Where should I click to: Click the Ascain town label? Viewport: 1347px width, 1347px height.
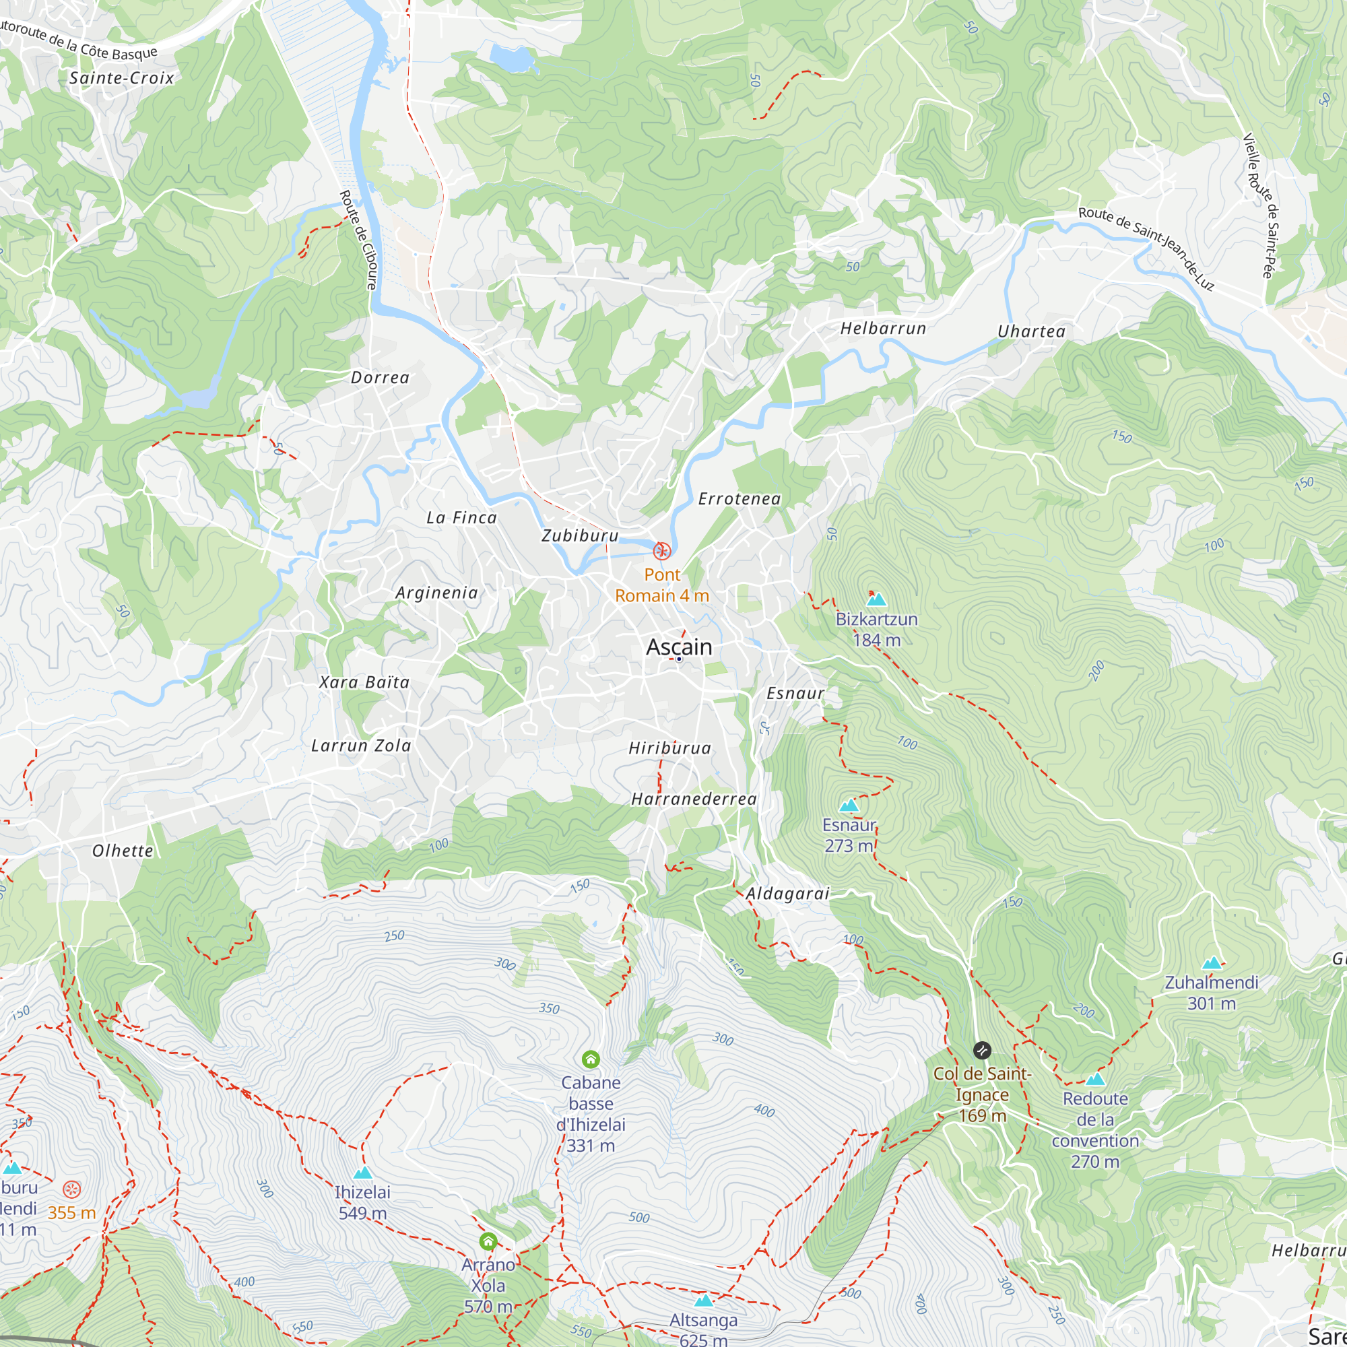pyautogui.click(x=679, y=647)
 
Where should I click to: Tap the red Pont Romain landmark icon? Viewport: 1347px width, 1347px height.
pyautogui.click(x=661, y=552)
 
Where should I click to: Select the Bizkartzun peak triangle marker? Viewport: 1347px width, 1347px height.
pyautogui.click(x=876, y=599)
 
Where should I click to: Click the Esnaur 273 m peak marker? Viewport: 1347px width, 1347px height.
pyautogui.click(x=849, y=806)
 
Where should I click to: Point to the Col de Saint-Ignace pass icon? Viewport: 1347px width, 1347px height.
pyautogui.click(x=982, y=1050)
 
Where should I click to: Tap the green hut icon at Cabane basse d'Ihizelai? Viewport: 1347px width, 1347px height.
pyautogui.click(x=591, y=1059)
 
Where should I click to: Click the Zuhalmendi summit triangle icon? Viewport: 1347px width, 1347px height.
pyautogui.click(x=1212, y=964)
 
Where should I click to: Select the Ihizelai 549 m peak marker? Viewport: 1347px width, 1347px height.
pyautogui.click(x=362, y=1173)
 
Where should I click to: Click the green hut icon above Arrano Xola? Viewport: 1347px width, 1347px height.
pyautogui.click(x=488, y=1242)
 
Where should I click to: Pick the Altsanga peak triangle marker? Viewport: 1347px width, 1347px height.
pyautogui.click(x=704, y=1301)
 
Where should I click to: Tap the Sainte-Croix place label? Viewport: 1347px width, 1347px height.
pyautogui.click(x=121, y=78)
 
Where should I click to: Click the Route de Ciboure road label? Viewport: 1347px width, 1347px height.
pyautogui.click(x=358, y=240)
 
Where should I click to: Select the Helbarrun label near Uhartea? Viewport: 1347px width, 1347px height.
pyautogui.click(x=883, y=329)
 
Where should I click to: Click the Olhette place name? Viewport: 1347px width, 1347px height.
pyautogui.click(x=123, y=851)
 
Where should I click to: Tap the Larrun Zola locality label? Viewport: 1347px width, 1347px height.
pyautogui.click(x=360, y=746)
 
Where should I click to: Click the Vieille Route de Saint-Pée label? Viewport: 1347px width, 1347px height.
pyautogui.click(x=1262, y=205)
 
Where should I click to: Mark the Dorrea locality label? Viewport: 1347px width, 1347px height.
pyautogui.click(x=380, y=378)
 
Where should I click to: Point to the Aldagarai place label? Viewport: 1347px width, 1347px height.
pyautogui.click(x=787, y=894)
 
